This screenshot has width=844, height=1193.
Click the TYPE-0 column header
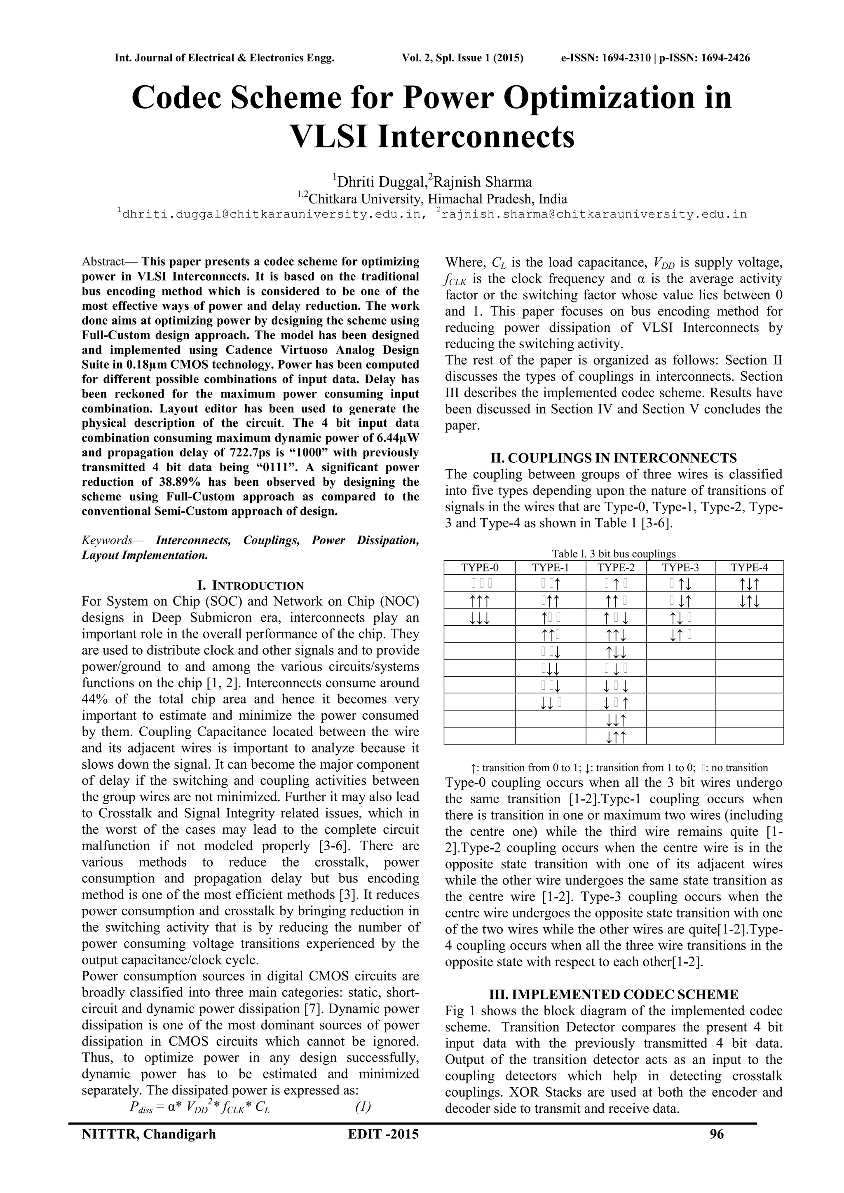point(479,567)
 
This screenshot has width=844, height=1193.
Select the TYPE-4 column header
point(749,567)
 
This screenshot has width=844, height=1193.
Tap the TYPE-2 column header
point(615,567)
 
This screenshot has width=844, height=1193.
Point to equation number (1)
point(363,1107)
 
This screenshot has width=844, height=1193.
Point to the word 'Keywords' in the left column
point(107,540)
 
